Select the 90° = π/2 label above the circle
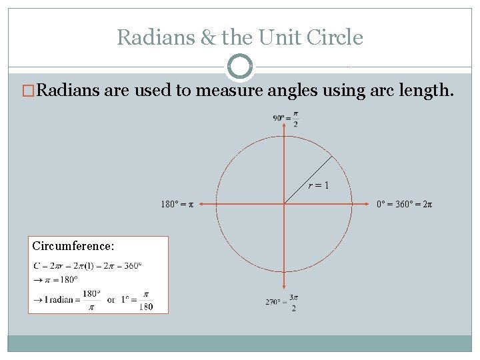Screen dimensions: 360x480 click(x=285, y=119)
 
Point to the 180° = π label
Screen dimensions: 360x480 click(x=177, y=203)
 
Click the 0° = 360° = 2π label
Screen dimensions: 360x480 click(x=405, y=203)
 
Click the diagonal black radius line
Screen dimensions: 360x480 click(x=308, y=179)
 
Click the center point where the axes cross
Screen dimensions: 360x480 click(x=285, y=203)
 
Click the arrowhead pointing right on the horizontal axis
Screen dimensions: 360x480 click(x=369, y=203)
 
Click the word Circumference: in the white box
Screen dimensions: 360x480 click(x=73, y=246)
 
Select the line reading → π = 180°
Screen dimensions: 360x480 click(x=56, y=279)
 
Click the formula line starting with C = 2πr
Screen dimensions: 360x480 click(x=87, y=266)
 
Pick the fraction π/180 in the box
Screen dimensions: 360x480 click(x=146, y=300)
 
